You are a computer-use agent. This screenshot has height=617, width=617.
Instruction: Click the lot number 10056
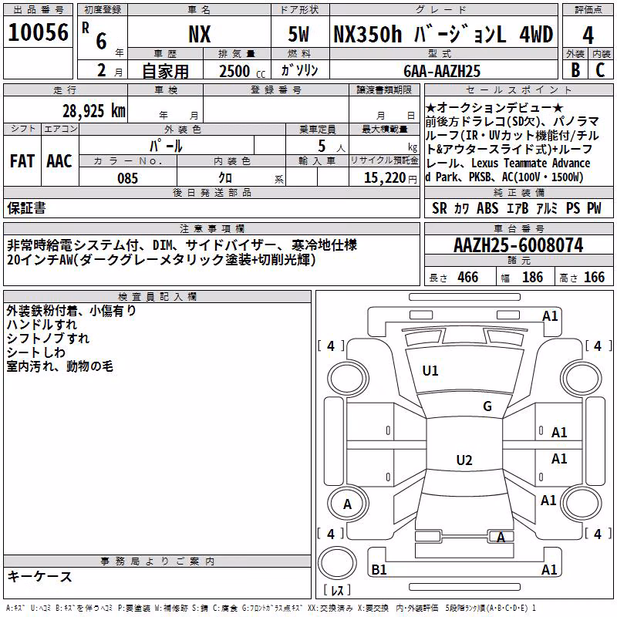click(38, 32)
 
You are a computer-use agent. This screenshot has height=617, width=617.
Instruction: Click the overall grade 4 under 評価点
click(588, 35)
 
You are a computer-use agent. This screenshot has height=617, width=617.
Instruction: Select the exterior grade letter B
click(575, 70)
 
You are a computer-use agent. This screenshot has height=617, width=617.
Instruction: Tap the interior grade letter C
click(600, 70)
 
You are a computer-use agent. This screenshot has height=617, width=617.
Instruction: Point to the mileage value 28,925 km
click(94, 111)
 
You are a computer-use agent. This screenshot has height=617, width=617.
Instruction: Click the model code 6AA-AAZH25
click(442, 71)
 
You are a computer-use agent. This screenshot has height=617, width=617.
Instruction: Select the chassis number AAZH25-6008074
click(518, 245)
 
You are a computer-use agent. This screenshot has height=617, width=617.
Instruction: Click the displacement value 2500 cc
click(242, 71)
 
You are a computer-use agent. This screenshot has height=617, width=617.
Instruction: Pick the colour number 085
click(127, 178)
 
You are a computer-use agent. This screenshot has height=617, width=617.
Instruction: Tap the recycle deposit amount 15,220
click(385, 178)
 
